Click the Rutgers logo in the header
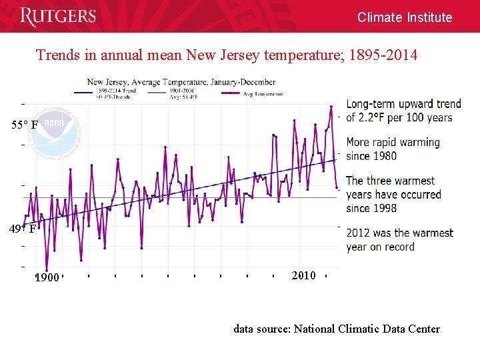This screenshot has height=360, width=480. [58, 17]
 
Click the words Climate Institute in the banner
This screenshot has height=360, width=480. [404, 17]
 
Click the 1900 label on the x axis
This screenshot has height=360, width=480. [47, 277]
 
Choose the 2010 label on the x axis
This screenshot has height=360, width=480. [303, 275]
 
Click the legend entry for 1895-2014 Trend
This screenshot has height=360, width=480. [116, 91]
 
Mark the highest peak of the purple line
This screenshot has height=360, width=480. [330, 106]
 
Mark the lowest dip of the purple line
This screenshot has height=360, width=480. [47, 270]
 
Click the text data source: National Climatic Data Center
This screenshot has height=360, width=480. [336, 328]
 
